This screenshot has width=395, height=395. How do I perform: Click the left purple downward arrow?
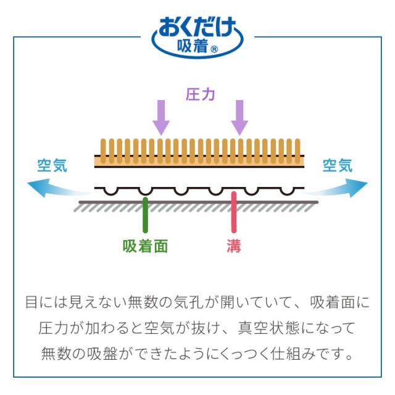[161, 117]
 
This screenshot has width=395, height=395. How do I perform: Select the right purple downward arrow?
[239, 117]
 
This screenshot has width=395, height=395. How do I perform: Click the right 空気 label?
[338, 165]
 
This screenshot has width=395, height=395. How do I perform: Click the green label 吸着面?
[145, 246]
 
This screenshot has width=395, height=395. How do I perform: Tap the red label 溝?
[233, 246]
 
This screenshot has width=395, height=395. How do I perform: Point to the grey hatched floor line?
[197, 206]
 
